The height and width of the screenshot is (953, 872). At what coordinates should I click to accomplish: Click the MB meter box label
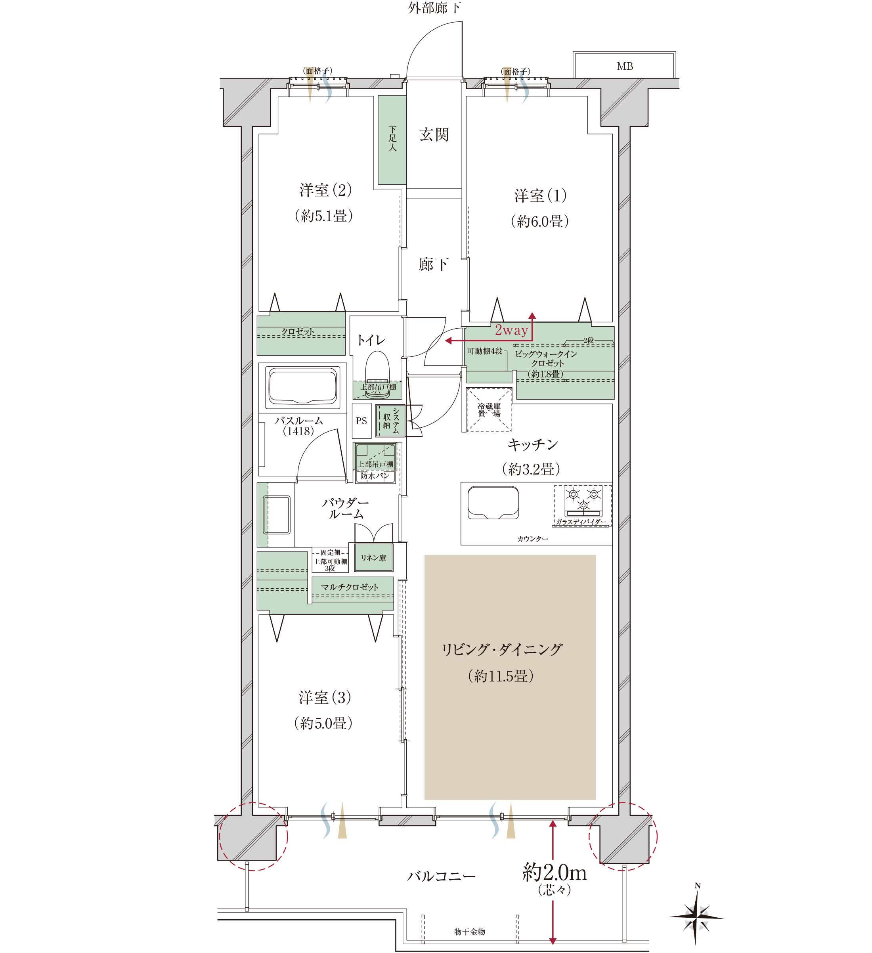(624, 66)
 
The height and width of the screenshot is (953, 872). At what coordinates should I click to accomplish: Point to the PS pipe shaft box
(361, 421)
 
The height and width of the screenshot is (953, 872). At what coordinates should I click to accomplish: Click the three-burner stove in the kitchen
(583, 500)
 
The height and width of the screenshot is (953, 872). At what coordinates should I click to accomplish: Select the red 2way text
(511, 330)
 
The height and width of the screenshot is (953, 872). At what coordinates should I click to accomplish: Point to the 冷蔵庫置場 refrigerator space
(489, 410)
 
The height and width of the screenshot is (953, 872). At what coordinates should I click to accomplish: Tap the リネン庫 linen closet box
(373, 558)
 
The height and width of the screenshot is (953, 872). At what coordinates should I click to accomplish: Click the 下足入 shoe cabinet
(392, 140)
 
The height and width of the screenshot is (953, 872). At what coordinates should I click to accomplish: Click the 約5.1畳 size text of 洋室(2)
(324, 216)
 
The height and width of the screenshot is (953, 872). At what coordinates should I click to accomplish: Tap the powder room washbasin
(277, 514)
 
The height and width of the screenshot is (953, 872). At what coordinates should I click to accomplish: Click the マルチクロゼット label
(350, 587)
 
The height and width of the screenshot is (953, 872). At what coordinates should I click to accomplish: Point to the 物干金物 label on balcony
(469, 932)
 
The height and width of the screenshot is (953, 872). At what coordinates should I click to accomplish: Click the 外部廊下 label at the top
(434, 8)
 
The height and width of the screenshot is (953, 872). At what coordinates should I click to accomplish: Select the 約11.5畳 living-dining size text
(501, 676)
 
